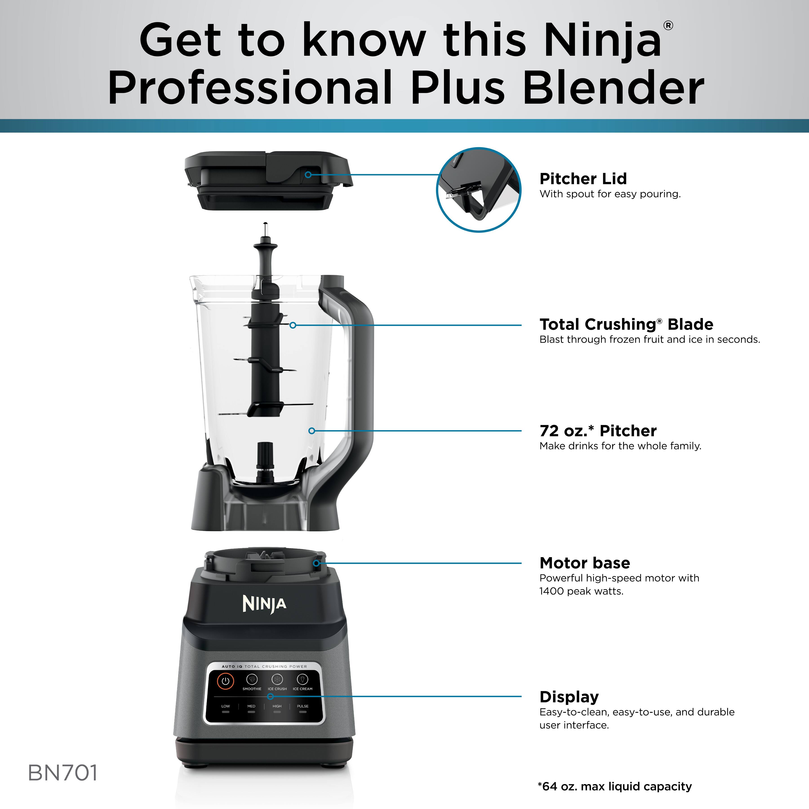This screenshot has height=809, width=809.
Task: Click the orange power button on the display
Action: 225,680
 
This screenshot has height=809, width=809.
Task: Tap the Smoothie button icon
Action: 252,679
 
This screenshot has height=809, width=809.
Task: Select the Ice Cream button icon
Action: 302,679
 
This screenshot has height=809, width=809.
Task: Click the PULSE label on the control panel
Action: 303,706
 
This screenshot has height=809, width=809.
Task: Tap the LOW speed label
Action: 226,706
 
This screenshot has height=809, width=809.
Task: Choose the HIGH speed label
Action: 277,706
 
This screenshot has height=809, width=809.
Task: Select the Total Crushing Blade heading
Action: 626,324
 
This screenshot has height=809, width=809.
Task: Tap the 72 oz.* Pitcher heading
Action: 598,431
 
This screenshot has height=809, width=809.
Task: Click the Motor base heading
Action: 585,563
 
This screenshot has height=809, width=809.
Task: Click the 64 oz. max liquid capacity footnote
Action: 614,786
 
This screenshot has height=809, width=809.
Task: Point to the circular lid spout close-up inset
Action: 479,190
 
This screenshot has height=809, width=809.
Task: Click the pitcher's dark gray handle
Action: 360,377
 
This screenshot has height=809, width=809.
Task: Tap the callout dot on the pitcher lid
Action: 308,175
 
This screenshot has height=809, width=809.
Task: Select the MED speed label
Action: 251,706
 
